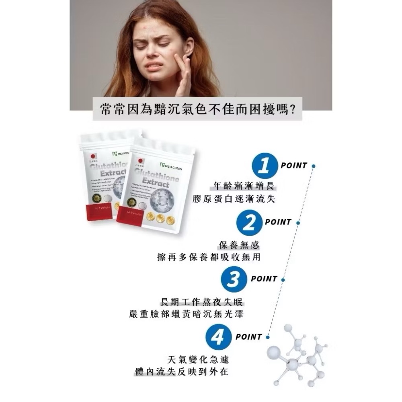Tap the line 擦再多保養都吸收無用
[x=209, y=257]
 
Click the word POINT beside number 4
[x=248, y=337]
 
